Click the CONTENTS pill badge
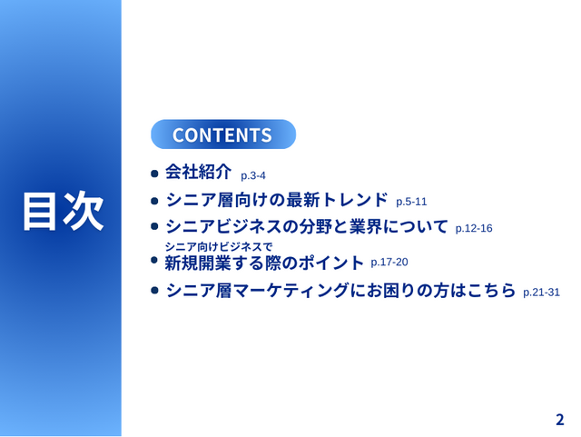coord(222,134)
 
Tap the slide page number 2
coord(559,420)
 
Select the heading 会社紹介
coord(199,172)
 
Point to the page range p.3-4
coord(252,175)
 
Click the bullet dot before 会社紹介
coord(154,173)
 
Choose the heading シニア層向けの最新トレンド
coord(277,199)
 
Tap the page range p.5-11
coord(411,202)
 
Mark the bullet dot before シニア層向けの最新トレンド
coord(154,200)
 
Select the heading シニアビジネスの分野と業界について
coord(307,226)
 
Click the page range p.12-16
coord(474,229)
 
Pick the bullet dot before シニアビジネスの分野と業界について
coord(154,227)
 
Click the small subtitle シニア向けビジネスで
coord(218,246)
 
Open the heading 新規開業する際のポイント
coord(263,263)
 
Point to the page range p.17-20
coord(389,263)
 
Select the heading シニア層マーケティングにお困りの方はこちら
coord(340,291)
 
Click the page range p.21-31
coord(541,293)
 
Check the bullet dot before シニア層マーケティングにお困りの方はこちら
coord(154,291)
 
